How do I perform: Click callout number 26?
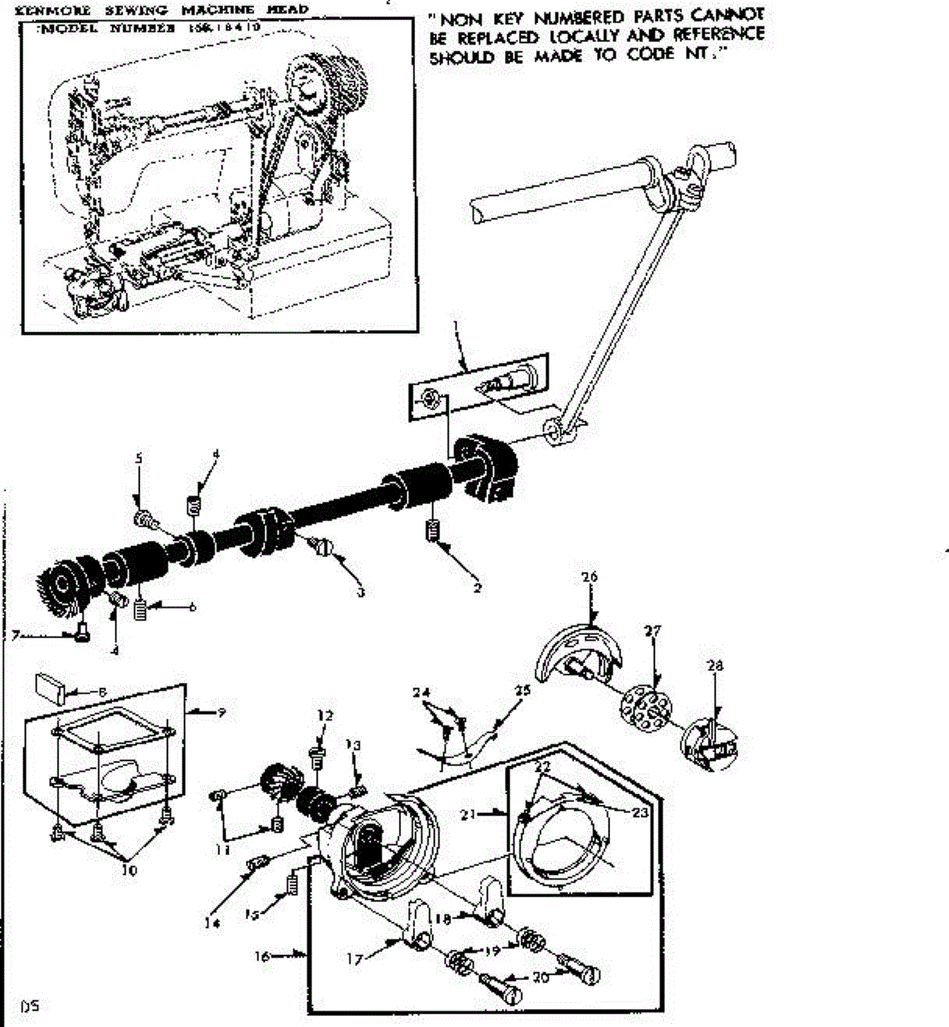click(589, 577)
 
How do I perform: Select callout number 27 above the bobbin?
click(653, 632)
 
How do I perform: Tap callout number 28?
click(715, 666)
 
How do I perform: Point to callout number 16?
click(263, 955)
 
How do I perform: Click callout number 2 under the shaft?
click(477, 588)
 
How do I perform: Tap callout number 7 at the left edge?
click(13, 635)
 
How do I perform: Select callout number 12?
click(323, 715)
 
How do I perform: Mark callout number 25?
click(522, 690)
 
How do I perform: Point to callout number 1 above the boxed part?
click(456, 326)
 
